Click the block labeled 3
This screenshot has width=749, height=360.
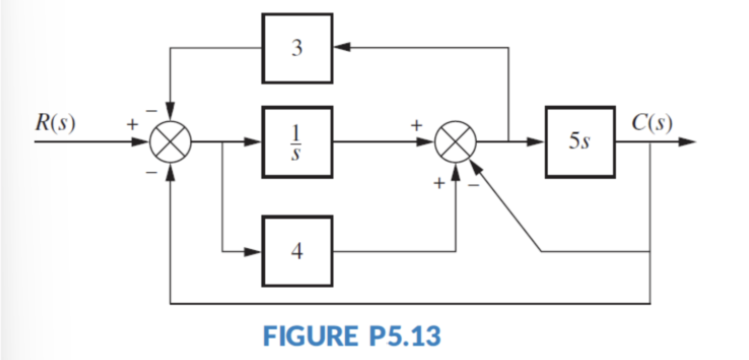pyautogui.click(x=297, y=49)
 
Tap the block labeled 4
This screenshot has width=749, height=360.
pyautogui.click(x=297, y=251)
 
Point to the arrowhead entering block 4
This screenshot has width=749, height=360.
pyautogui.click(x=253, y=251)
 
